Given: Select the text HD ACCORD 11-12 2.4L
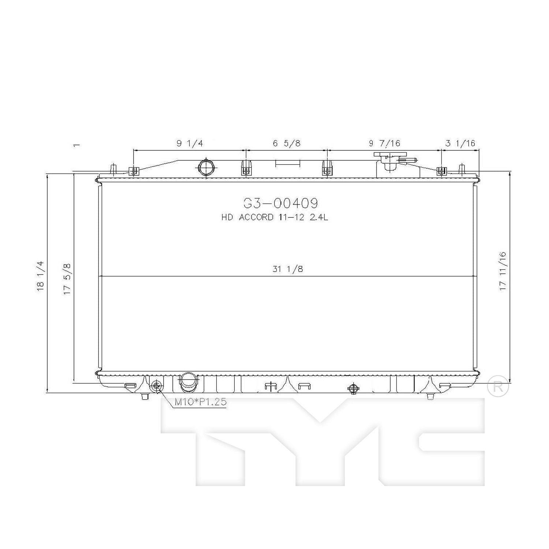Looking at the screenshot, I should click(274, 217).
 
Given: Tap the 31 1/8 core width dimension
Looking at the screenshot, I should click(288, 269).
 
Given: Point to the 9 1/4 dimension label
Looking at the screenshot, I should click(190, 143).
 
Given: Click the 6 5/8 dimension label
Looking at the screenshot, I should click(287, 143).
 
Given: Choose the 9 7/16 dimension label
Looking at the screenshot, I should click(384, 143).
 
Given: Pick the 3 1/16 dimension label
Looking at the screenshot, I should click(460, 143).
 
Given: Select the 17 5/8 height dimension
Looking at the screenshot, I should click(67, 279).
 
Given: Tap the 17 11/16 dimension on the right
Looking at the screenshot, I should click(503, 271).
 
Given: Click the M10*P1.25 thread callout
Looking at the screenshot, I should click(200, 402).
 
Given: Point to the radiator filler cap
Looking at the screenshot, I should click(389, 158).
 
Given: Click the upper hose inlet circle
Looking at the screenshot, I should click(207, 168).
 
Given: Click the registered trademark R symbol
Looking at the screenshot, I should click(498, 387).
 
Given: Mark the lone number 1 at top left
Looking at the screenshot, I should click(76, 145).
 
